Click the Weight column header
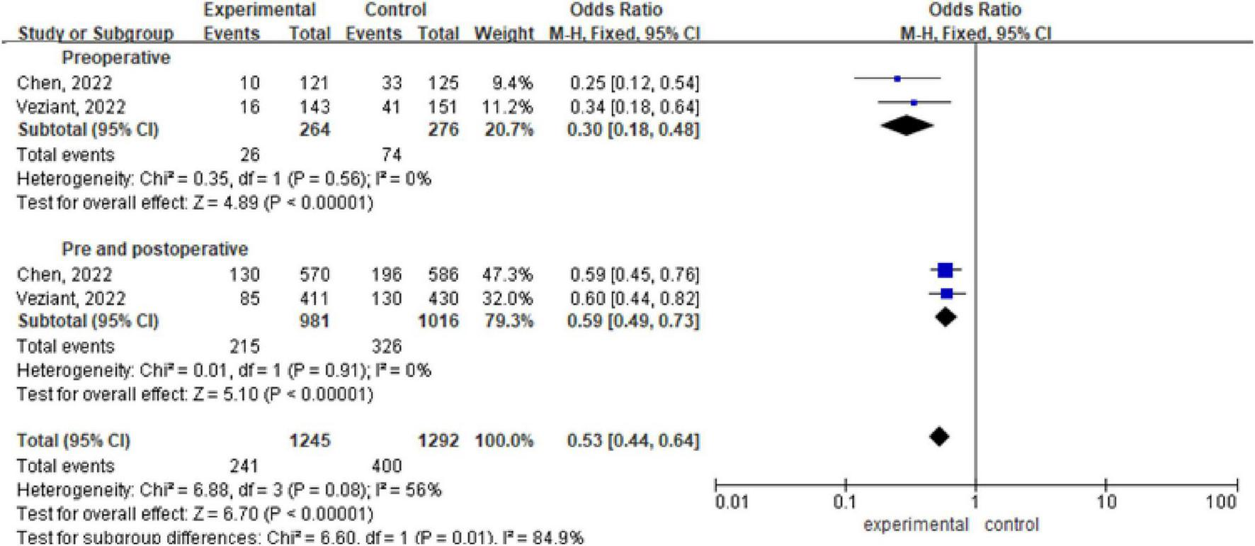[x=504, y=33]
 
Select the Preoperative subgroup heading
[x=116, y=57]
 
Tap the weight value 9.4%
[x=512, y=83]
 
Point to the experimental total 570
[x=314, y=274]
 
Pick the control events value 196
[x=386, y=274]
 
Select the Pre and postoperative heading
[x=154, y=249]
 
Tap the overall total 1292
[x=438, y=440]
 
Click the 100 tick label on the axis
[x=1222, y=503]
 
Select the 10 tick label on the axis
[x=1106, y=503]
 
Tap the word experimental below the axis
[x=915, y=525]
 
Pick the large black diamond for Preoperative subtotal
[x=907, y=126]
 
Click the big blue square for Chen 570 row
[x=945, y=270]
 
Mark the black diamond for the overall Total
[x=938, y=437]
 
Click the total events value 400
[x=386, y=466]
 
